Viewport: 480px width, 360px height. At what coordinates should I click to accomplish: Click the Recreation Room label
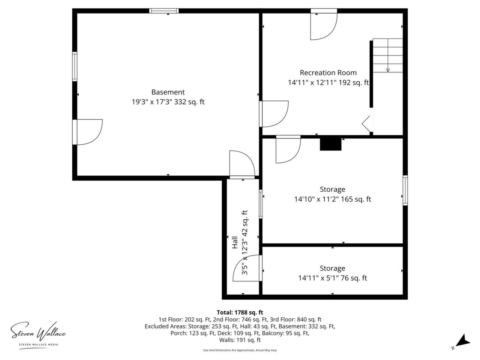pyautogui.click(x=328, y=73)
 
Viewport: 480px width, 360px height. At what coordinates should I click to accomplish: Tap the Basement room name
pyautogui.click(x=168, y=92)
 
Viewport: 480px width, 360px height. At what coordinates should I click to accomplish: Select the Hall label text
pyautogui.click(x=235, y=242)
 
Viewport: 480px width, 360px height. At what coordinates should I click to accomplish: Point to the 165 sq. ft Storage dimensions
pyautogui.click(x=332, y=199)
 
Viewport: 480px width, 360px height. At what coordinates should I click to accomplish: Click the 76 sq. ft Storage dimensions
pyautogui.click(x=332, y=278)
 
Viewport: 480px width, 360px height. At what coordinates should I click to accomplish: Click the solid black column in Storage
pyautogui.click(x=330, y=144)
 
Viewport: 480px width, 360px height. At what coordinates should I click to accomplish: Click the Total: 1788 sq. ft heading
pyautogui.click(x=240, y=312)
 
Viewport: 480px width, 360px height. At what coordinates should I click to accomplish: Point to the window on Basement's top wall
pyautogui.click(x=164, y=11)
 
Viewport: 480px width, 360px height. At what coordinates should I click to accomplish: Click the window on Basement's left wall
pyautogui.click(x=75, y=66)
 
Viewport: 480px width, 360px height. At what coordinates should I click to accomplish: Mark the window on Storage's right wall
pyautogui.click(x=405, y=190)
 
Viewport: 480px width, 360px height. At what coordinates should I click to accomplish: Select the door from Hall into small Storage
pyautogui.click(x=247, y=268)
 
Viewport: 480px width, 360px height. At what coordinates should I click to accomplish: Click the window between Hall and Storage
pyautogui.click(x=261, y=204)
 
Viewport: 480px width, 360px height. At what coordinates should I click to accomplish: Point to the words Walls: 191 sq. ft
pyautogui.click(x=240, y=340)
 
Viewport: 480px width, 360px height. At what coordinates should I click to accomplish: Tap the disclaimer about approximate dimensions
pyautogui.click(x=240, y=350)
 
